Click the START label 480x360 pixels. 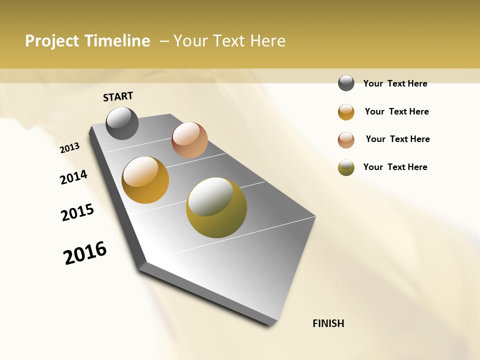(118, 96)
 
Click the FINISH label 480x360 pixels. (328, 323)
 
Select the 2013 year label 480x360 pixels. (69, 148)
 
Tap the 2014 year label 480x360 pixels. (73, 177)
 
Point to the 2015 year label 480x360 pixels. (77, 212)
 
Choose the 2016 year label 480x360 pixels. (85, 253)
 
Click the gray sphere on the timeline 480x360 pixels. (122, 123)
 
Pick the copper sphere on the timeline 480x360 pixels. (189, 140)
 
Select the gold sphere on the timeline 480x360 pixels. (145, 180)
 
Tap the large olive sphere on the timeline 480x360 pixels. (216, 207)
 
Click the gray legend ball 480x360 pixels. (346, 83)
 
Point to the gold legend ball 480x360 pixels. (346, 112)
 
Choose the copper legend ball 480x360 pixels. (346, 140)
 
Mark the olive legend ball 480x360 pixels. (346, 167)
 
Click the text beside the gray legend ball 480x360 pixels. (395, 83)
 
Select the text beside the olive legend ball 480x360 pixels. (395, 167)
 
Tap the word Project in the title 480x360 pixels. (51, 41)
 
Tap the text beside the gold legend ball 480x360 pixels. (396, 111)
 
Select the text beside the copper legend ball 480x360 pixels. (397, 139)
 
